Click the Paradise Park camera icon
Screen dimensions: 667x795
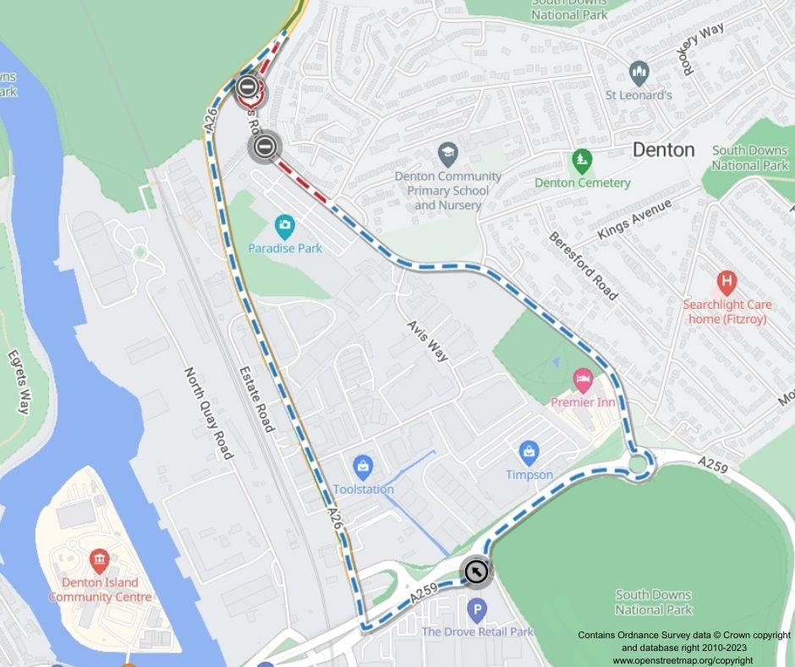[x=285, y=225]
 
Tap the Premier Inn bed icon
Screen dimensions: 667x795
[x=582, y=378]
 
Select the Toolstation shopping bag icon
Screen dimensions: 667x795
[x=363, y=466]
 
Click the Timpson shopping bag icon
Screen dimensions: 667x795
[x=529, y=451]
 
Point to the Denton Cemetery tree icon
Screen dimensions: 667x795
[x=581, y=159]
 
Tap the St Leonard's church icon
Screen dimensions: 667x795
[x=639, y=72]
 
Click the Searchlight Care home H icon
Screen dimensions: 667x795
[x=726, y=280]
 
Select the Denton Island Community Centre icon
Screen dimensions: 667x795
[x=100, y=560]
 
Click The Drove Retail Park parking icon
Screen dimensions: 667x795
[x=477, y=609]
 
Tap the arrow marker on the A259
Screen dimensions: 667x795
[x=476, y=572]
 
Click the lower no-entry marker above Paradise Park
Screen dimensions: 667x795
[x=264, y=146]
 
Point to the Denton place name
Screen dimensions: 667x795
[x=664, y=150]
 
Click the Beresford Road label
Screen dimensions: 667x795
[x=584, y=265]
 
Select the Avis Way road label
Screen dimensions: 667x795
[x=427, y=341]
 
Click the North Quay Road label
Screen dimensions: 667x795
[x=209, y=413]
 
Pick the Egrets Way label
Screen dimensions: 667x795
[x=19, y=383]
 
